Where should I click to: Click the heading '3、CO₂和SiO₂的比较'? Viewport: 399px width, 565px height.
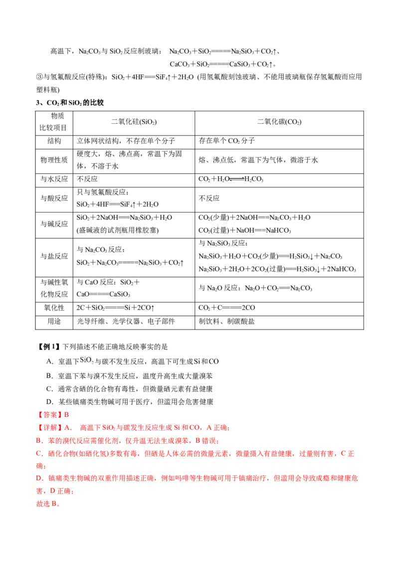70,103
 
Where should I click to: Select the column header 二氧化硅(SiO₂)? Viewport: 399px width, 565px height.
134,122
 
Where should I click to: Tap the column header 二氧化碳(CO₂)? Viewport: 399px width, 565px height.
279,122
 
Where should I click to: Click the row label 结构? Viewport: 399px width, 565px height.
54,141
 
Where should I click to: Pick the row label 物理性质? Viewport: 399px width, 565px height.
54,160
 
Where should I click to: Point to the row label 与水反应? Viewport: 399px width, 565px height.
54,179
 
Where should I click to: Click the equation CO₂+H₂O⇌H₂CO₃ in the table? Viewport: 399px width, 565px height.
231,179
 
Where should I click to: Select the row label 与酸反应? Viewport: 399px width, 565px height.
54,198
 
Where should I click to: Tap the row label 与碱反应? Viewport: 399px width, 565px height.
54,224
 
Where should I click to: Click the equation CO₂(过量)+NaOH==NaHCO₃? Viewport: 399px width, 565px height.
244,230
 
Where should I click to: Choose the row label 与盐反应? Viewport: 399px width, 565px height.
54,256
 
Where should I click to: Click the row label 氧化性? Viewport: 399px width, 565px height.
54,308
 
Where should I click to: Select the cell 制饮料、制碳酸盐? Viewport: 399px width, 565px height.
226,321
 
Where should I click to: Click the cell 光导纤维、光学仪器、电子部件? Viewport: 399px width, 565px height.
126,321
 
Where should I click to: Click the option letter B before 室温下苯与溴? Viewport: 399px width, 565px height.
50,376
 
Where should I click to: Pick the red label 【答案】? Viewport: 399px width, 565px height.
50,415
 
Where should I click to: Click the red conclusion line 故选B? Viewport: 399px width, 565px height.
48,504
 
